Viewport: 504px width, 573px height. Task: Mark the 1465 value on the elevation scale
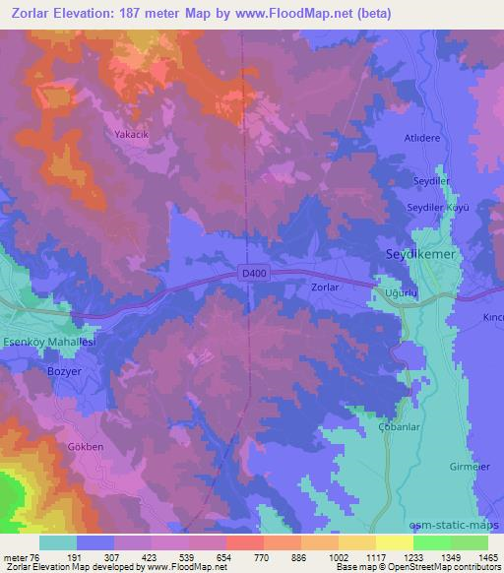point(482,557)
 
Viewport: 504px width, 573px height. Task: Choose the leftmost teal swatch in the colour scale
point(58,542)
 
